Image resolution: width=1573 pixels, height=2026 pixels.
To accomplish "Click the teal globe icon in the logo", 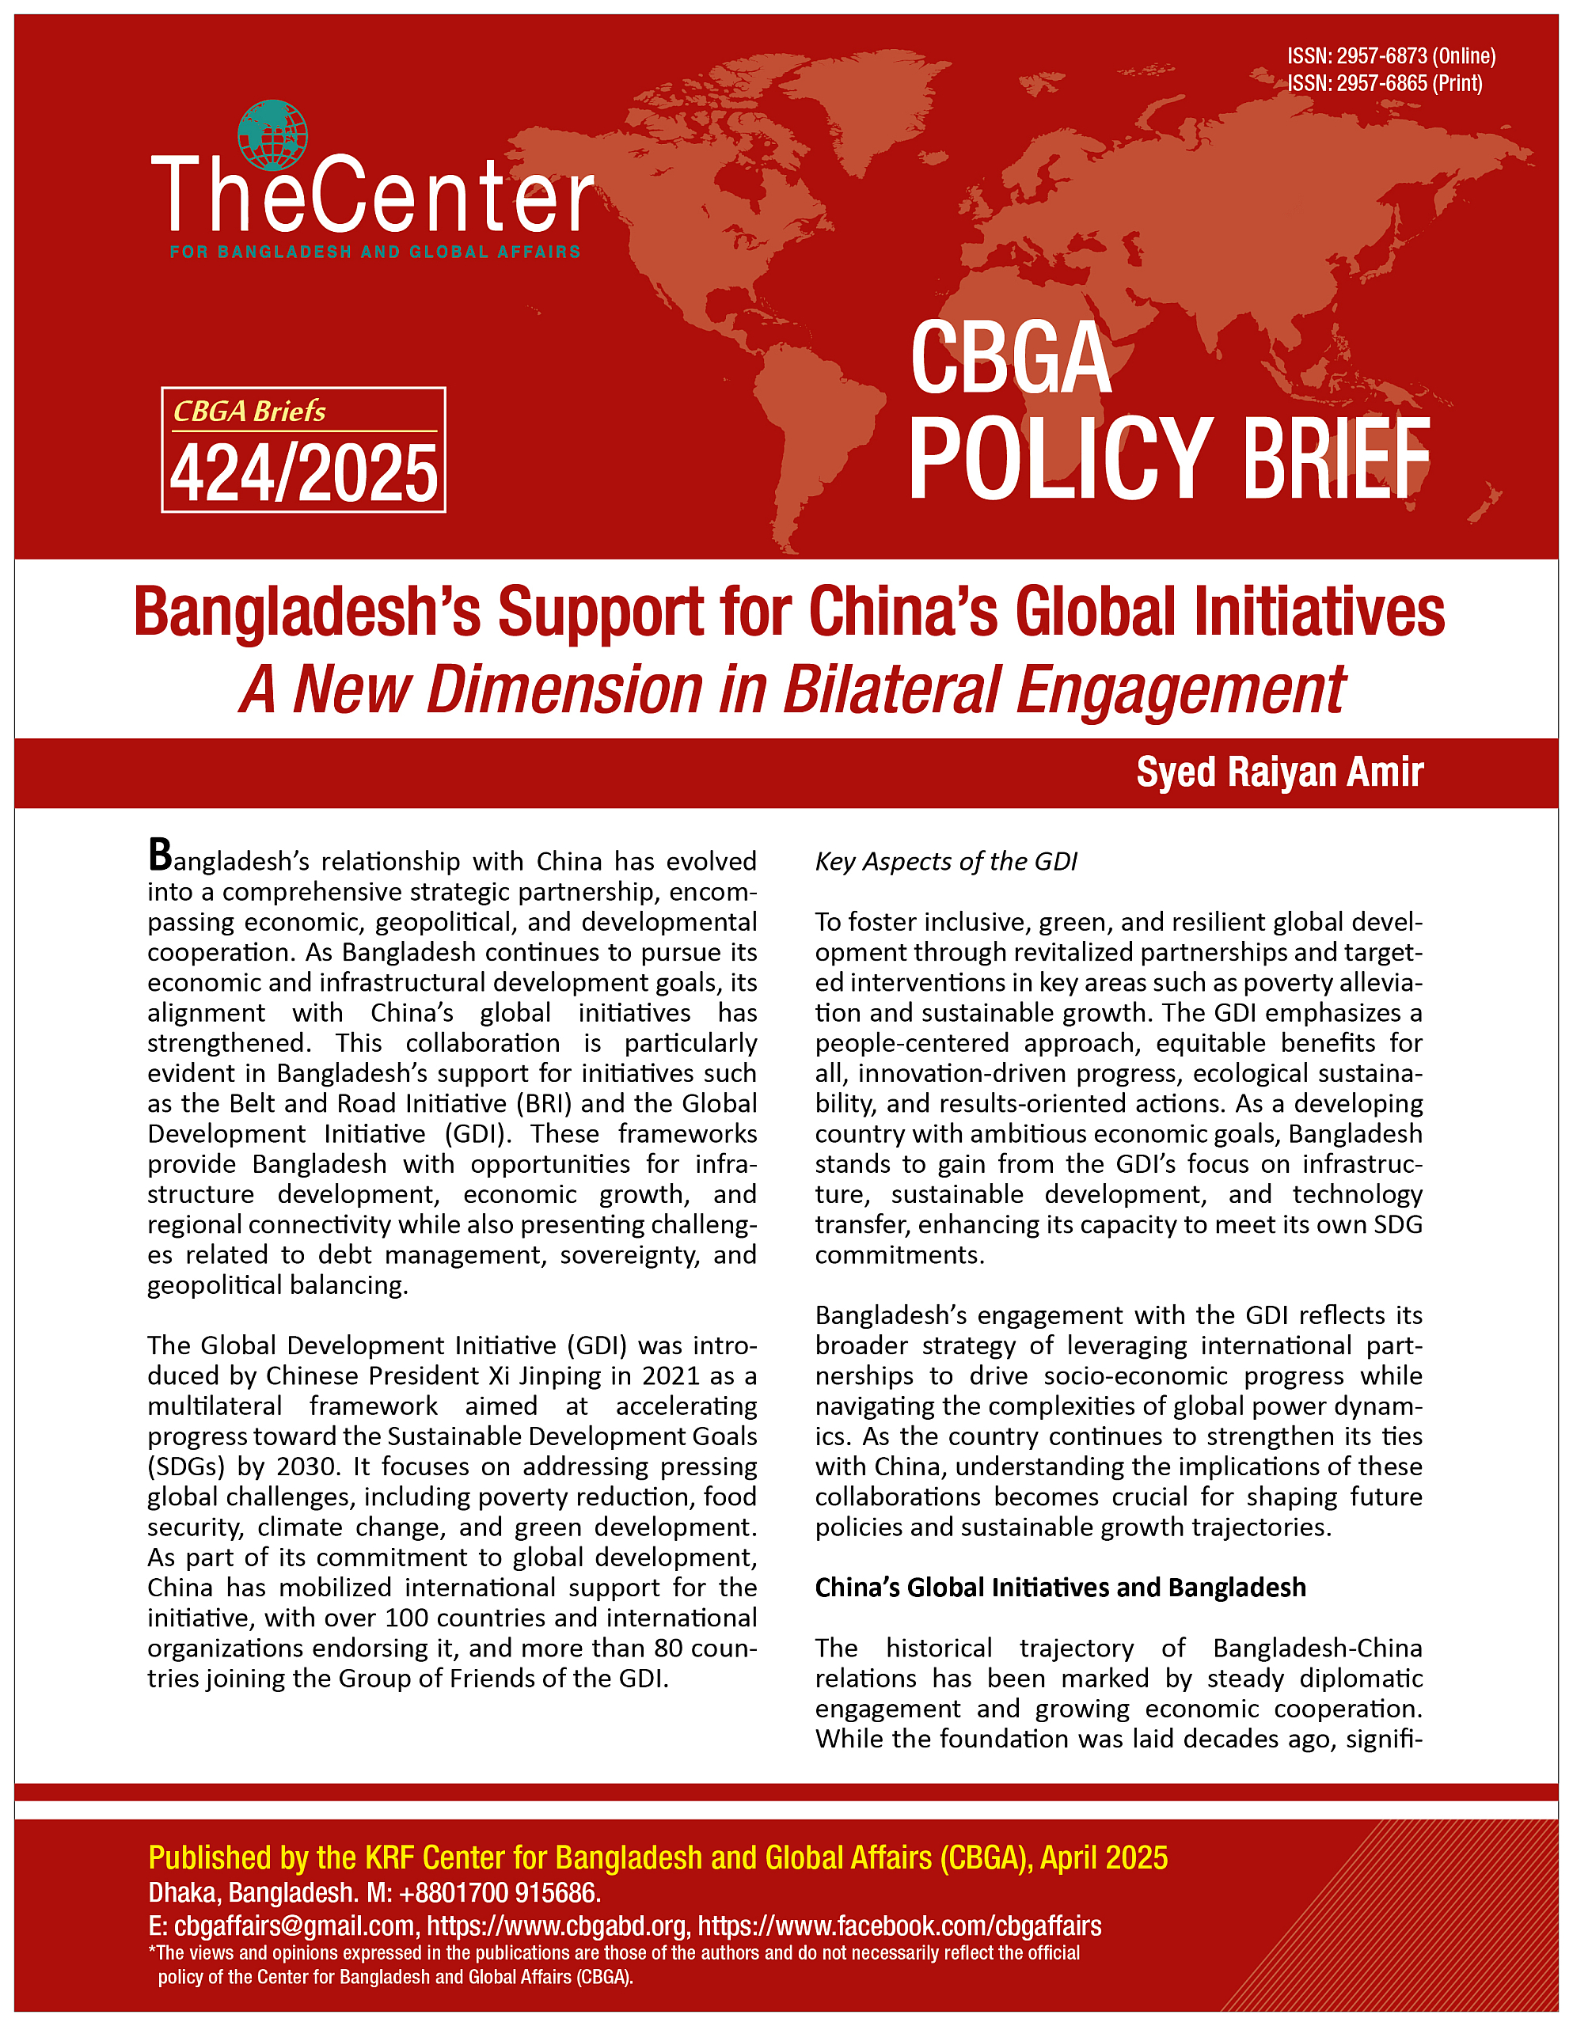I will point(272,135).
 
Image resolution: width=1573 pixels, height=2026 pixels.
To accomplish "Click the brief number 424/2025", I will point(303,474).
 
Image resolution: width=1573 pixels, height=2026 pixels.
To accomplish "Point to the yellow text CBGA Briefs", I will point(249,411).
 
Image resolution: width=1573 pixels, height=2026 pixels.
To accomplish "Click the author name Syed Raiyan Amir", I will point(1280,772).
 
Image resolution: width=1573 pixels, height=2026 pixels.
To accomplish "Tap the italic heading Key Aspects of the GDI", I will point(946,862).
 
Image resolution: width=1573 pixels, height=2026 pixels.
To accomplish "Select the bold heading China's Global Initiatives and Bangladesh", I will point(1060,1588).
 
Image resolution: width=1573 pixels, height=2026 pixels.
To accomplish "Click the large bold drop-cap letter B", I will point(160,856).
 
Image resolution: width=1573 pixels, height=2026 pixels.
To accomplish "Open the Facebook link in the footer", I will point(899,1925).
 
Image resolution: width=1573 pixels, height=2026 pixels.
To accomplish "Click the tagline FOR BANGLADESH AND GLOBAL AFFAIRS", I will point(375,252).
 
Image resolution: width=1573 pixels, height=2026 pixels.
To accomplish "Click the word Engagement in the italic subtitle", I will point(1180,690).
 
